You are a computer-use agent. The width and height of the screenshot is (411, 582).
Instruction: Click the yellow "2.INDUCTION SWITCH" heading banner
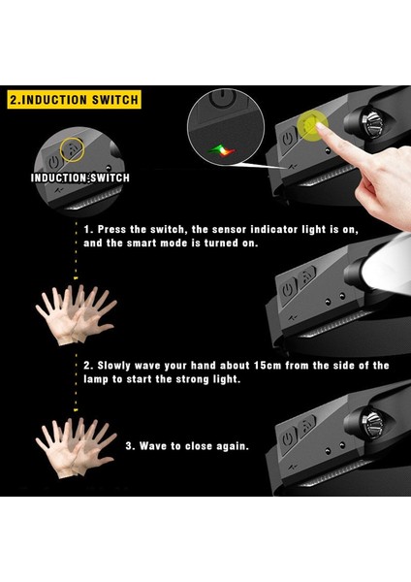(75, 100)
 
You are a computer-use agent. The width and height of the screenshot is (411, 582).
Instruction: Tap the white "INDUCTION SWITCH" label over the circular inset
(80, 178)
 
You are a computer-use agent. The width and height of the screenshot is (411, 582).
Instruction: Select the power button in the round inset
(54, 162)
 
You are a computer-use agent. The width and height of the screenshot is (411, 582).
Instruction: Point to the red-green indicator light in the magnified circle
(222, 150)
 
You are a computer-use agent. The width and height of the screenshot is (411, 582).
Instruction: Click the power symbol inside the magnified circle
(222, 98)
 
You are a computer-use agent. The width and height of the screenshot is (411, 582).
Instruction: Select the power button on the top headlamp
(288, 139)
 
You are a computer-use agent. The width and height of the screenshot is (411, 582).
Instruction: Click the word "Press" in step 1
(111, 229)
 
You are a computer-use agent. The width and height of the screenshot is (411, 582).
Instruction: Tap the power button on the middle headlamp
(288, 290)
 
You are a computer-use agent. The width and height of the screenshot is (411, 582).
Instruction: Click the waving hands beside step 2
(76, 314)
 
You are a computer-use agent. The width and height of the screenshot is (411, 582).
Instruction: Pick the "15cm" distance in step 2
(268, 366)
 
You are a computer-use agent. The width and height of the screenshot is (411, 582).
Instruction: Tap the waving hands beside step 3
(76, 447)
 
